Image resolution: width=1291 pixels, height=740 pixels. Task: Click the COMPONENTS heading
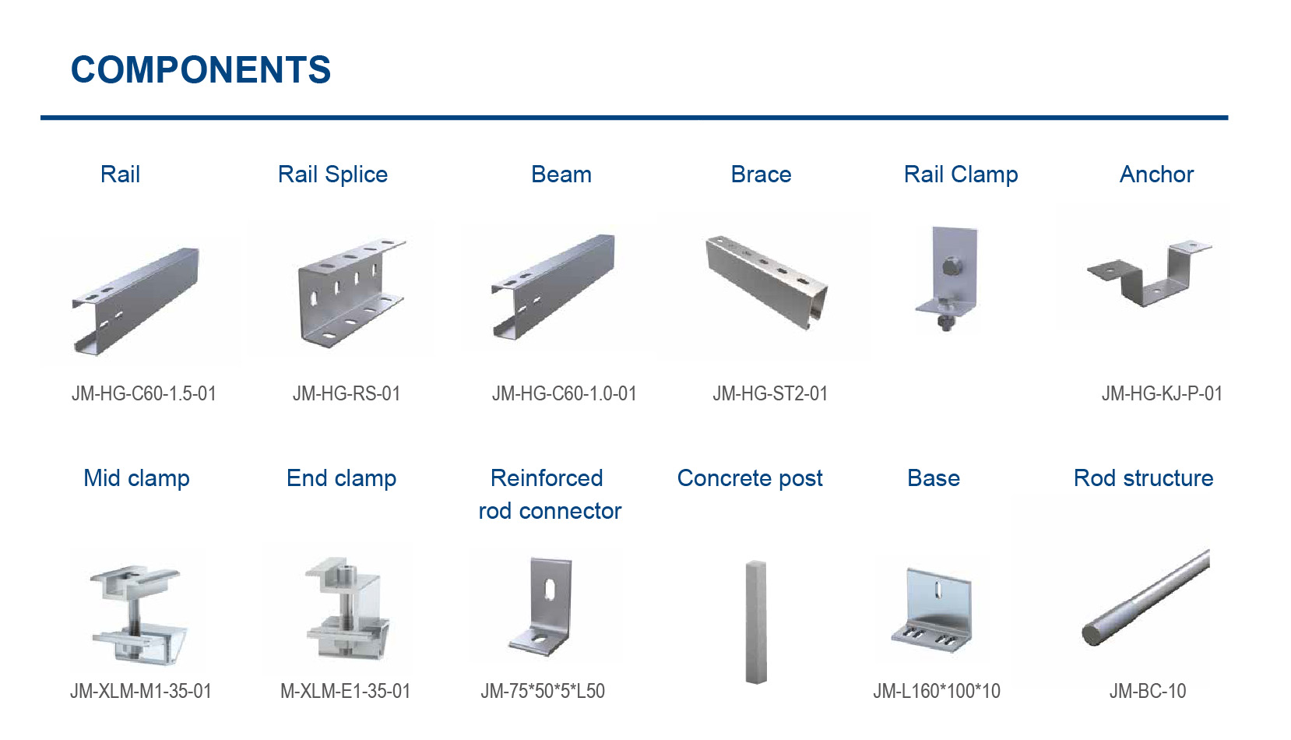pos(201,70)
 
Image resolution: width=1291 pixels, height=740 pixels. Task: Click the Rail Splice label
pos(332,174)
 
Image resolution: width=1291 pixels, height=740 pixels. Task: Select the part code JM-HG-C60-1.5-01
pos(144,394)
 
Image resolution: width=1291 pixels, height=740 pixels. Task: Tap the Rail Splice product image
pos(350,291)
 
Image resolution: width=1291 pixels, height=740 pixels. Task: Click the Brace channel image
pos(766,280)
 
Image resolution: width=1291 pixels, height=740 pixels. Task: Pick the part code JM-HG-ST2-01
pos(770,394)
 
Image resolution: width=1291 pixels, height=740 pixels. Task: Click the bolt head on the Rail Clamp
pos(951,267)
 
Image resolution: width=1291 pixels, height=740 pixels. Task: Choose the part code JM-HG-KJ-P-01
pos(1162,394)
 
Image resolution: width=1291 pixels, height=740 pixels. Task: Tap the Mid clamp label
pos(136,478)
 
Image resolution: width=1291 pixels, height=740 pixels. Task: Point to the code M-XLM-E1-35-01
pos(345,692)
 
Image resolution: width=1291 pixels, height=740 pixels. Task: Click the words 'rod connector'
pos(550,511)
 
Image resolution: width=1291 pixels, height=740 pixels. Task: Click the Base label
pos(933,478)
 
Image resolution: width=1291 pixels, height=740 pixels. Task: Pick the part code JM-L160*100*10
pos(937,692)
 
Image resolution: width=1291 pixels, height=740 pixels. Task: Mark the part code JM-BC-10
pos(1148,692)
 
